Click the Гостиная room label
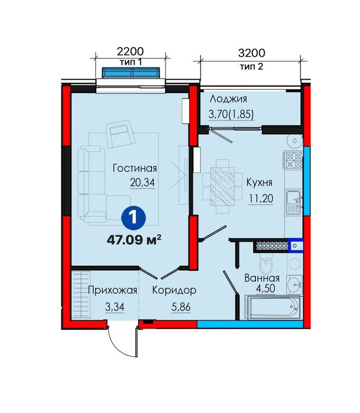pyautogui.click(x=135, y=168)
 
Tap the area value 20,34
pyautogui.click(x=142, y=183)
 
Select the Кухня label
pyautogui.click(x=259, y=182)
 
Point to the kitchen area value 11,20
pyautogui.click(x=261, y=199)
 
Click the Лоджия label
pyautogui.click(x=229, y=99)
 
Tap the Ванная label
pyautogui.click(x=262, y=278)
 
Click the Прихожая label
pyautogui.click(x=112, y=290)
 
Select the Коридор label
pyautogui.click(x=174, y=290)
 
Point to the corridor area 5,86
pyautogui.click(x=181, y=307)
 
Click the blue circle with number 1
pyautogui.click(x=134, y=218)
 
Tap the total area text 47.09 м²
pyautogui.click(x=134, y=240)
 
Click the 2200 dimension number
pyautogui.click(x=130, y=51)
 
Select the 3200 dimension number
pyautogui.click(x=252, y=53)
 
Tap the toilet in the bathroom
pyautogui.click(x=266, y=264)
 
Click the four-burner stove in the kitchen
pyautogui.click(x=293, y=160)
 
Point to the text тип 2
pyautogui.click(x=252, y=66)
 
